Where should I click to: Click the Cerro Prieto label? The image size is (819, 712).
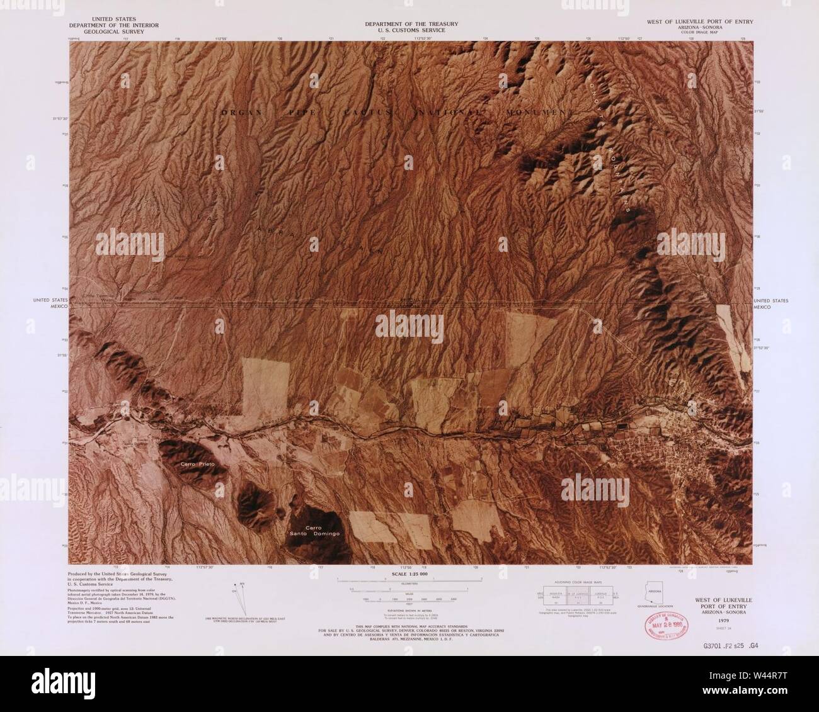point(198,464)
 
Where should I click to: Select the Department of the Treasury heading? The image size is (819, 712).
point(411,27)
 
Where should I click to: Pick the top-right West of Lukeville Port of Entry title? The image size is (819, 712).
point(699,21)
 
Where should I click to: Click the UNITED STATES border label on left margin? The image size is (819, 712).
point(50,301)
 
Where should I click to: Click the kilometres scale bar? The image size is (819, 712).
point(409,579)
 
